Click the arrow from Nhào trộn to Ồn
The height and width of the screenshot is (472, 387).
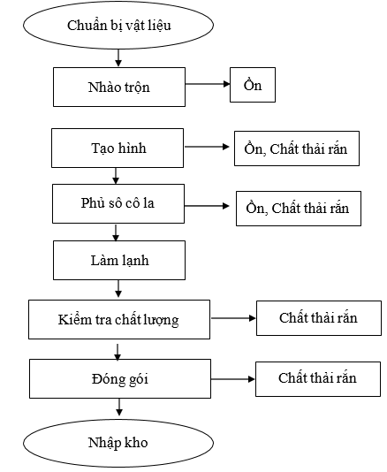[208, 84]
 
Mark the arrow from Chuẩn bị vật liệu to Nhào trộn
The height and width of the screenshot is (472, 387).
[118, 57]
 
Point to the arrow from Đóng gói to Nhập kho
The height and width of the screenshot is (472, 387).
[119, 407]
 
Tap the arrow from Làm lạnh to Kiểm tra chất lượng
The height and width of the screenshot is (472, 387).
[118, 289]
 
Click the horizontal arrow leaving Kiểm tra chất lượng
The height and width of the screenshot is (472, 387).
[233, 318]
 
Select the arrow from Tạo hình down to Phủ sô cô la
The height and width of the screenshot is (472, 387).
[116, 176]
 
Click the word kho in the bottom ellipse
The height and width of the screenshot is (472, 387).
[136, 443]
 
